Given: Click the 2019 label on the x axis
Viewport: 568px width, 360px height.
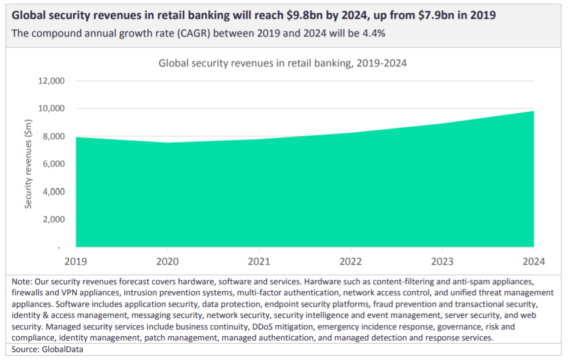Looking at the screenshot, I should click(76, 261).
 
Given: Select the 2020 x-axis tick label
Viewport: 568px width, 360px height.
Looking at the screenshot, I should click(167, 261).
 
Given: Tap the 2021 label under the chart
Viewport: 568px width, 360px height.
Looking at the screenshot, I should click(259, 261).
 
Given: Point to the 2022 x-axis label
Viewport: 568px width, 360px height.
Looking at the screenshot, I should click(351, 261).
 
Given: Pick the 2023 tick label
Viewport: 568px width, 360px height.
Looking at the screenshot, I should click(442, 261).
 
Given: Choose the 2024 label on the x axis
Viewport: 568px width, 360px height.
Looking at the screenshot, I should click(533, 261).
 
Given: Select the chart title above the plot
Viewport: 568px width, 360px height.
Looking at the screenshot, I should click(282, 63).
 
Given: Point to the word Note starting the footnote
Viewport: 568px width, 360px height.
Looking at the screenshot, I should click(22, 282).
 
